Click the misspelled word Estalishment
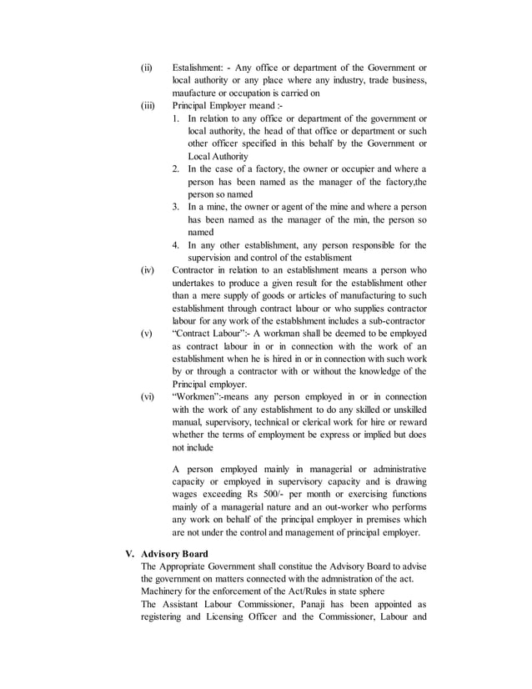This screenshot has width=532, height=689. coord(201,67)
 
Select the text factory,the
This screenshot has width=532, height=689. coord(403,181)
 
